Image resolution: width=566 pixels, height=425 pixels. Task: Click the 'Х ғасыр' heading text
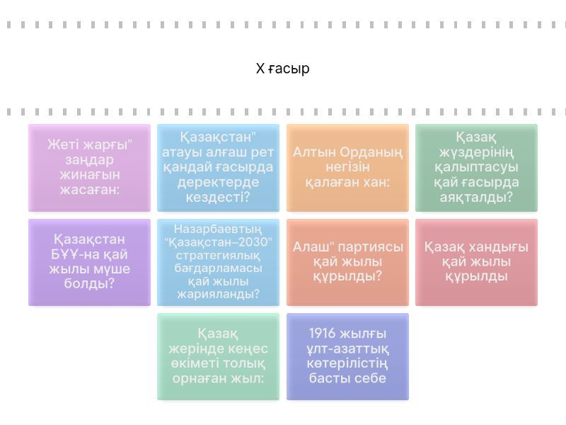282,68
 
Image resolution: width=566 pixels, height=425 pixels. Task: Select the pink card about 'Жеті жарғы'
90,168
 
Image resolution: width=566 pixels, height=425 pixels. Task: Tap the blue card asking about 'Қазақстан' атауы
218,168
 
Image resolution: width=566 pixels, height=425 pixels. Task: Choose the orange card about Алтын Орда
347,168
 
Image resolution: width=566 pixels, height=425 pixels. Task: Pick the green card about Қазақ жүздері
476,168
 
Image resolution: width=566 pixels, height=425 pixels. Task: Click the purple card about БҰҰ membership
90,262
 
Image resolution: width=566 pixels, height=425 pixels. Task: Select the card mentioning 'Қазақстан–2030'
218,262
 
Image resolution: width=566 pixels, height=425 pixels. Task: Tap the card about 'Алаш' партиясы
347,262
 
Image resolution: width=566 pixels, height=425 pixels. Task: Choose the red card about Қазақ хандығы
476,262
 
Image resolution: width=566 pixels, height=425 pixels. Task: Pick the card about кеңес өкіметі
218,357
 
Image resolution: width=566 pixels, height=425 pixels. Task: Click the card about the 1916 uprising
347,357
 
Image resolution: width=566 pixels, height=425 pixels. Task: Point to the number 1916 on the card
322,333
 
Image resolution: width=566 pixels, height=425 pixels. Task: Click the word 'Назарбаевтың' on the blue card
218,229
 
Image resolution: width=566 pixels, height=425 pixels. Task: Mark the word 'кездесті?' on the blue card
218,198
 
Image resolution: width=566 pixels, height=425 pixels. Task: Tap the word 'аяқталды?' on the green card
476,198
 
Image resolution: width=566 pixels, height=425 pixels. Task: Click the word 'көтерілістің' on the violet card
347,363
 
